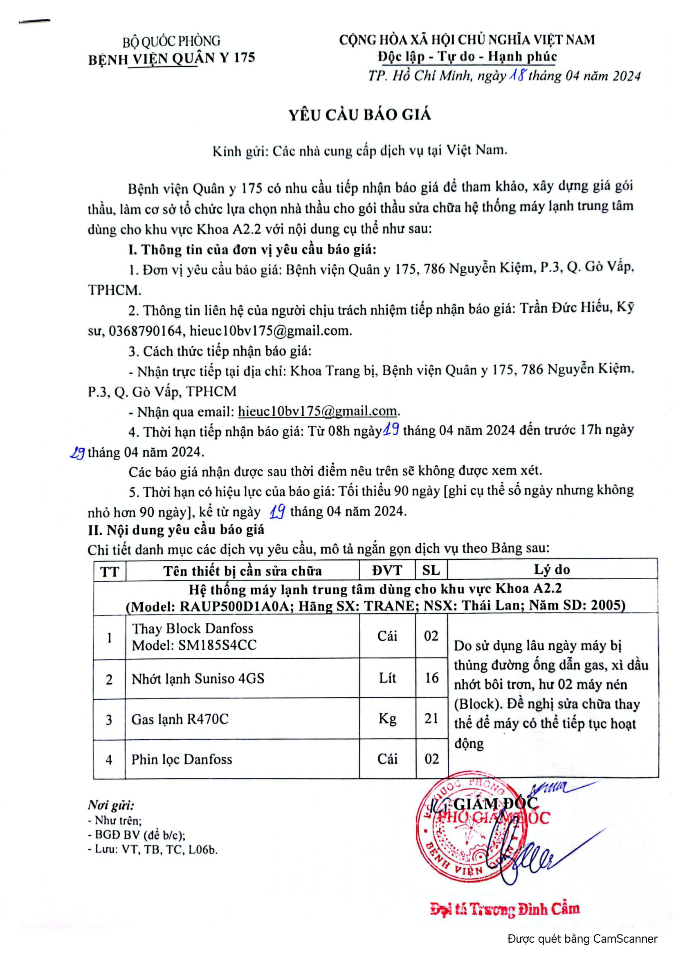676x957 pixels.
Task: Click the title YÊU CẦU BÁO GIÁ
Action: click(x=360, y=115)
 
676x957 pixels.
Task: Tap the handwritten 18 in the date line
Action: click(x=517, y=75)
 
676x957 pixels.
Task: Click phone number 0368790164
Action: click(x=145, y=331)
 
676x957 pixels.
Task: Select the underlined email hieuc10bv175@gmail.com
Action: click(x=317, y=411)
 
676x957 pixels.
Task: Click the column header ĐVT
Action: click(x=387, y=570)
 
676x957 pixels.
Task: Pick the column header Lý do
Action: click(x=552, y=570)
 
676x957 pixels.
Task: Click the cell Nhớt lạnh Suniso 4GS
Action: click(x=198, y=678)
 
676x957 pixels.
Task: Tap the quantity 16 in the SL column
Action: click(x=431, y=678)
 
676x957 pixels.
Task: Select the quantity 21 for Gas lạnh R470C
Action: click(x=431, y=718)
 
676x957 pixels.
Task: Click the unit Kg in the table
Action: click(x=387, y=718)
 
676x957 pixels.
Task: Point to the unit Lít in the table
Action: click(x=387, y=678)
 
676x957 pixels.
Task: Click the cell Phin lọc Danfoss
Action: click(x=182, y=759)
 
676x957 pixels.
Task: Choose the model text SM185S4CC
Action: click(x=218, y=645)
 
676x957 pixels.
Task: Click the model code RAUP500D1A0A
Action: click(x=234, y=606)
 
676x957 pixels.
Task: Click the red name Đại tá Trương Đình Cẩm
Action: click(x=504, y=909)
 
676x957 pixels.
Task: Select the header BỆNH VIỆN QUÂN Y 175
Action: click(x=171, y=58)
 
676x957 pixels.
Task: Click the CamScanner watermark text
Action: click(x=582, y=939)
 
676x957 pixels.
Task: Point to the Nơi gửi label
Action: click(x=110, y=804)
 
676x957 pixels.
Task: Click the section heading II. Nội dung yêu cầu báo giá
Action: click(x=176, y=530)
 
